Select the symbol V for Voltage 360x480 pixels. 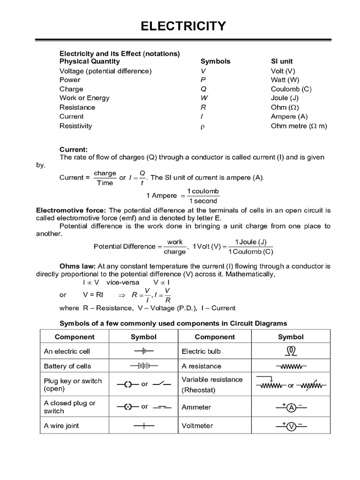(x=203, y=71)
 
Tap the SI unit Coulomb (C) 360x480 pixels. (x=291, y=89)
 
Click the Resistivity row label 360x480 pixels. (x=75, y=126)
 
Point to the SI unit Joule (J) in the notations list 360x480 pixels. (x=285, y=98)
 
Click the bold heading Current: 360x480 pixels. (x=74, y=150)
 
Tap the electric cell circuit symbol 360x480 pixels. (x=144, y=351)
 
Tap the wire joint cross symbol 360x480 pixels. (x=144, y=426)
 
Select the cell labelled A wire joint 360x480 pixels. (x=61, y=426)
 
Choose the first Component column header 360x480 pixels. (x=75, y=337)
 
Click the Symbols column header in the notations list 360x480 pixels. (x=215, y=61)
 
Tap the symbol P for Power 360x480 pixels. (x=203, y=80)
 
